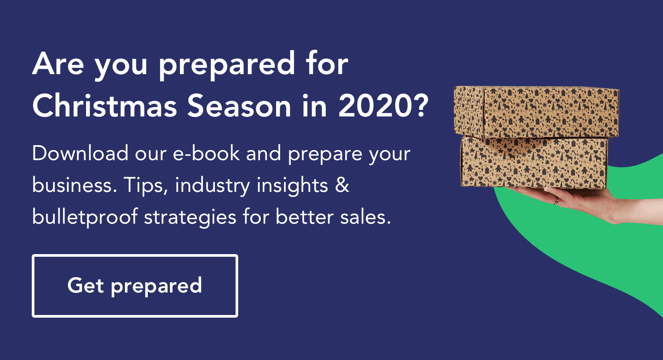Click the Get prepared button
(x=135, y=286)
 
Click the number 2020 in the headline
(x=375, y=106)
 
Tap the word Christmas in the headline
(x=105, y=105)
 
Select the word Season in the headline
(x=239, y=106)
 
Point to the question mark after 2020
(x=420, y=105)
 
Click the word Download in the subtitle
(x=80, y=153)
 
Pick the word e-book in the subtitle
(x=206, y=153)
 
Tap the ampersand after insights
(x=342, y=185)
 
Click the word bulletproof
(x=85, y=217)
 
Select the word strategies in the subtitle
(x=190, y=217)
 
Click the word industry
(x=213, y=186)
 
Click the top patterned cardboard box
(x=536, y=112)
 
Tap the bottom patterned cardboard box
(x=535, y=162)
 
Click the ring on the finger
(x=556, y=201)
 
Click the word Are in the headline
(x=58, y=64)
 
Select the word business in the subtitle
(x=75, y=185)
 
